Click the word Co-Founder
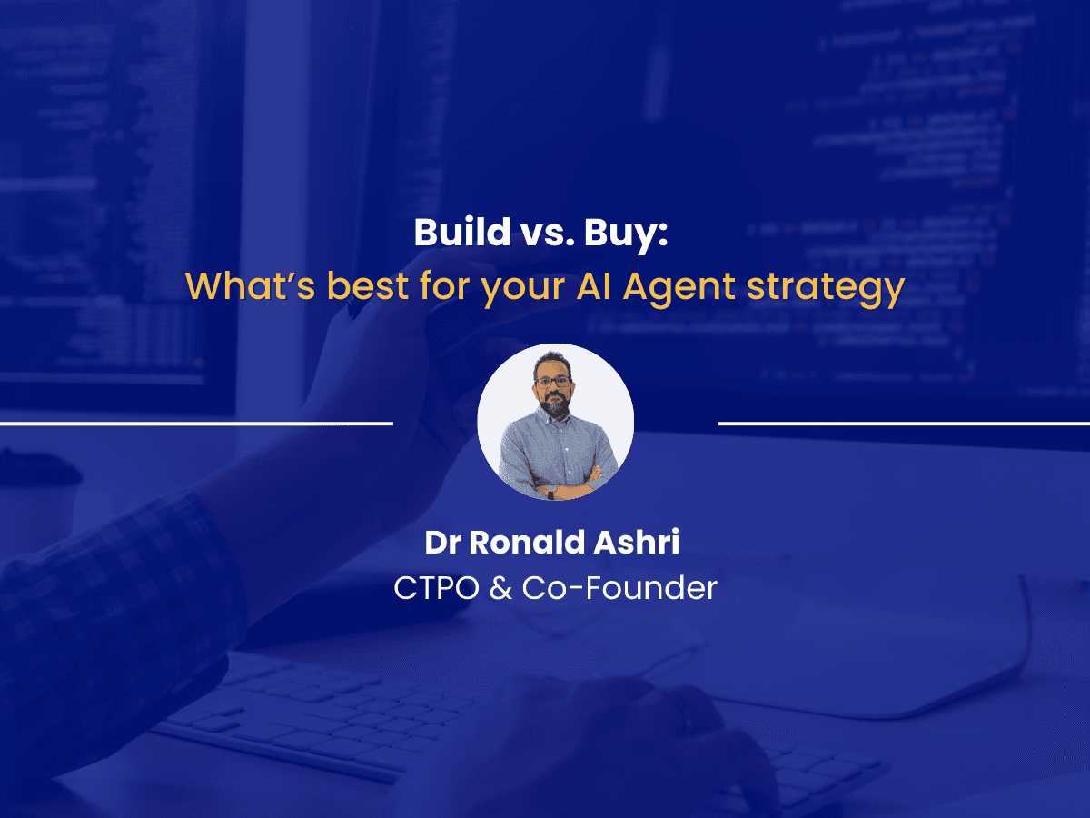(619, 588)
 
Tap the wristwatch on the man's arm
(550, 491)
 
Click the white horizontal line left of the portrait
(196, 423)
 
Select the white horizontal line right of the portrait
(904, 423)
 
